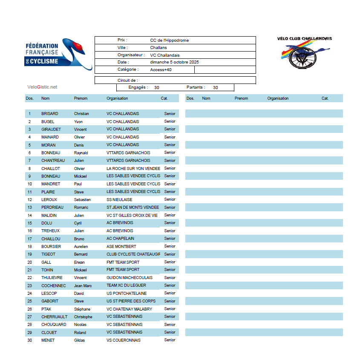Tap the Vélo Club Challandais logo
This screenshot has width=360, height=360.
tap(304, 52)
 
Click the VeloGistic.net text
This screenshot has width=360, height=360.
tap(42, 87)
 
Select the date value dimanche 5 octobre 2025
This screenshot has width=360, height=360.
tap(174, 62)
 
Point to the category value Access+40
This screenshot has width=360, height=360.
tap(161, 69)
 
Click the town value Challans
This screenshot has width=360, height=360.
tap(158, 48)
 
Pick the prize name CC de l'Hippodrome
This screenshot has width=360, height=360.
tap(169, 40)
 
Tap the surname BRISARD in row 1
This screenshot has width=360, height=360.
tap(50, 114)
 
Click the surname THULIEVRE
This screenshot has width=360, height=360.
tap(52, 278)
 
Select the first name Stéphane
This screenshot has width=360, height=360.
tap(82, 309)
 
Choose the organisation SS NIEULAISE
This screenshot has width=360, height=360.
tap(119, 199)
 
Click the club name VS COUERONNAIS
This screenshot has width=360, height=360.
tap(124, 340)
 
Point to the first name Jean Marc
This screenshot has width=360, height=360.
tap(83, 285)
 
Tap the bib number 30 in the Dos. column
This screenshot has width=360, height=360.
tap(30, 340)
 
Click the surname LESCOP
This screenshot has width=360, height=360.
tap(49, 293)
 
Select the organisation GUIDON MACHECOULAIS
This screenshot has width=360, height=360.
tap(130, 278)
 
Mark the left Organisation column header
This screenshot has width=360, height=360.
tap(117, 98)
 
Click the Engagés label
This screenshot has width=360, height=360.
tap(138, 87)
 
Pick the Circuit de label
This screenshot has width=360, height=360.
tap(128, 80)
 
